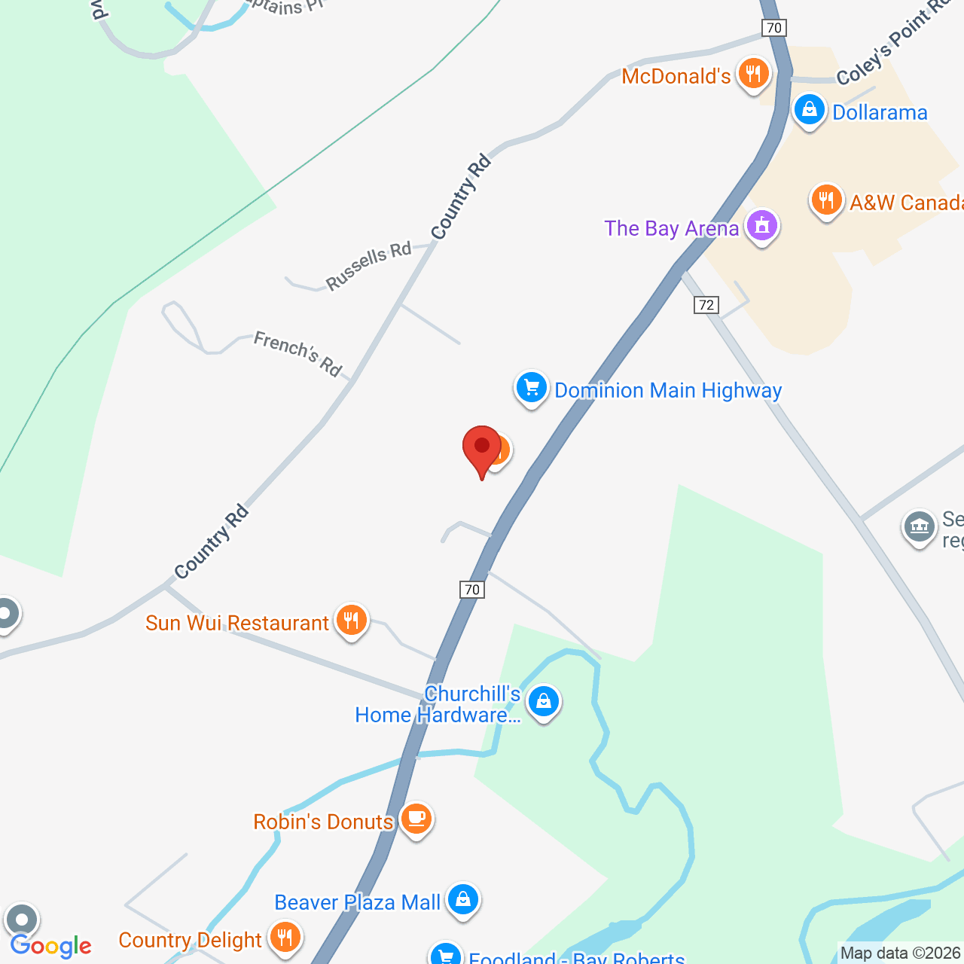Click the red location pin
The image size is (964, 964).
481,449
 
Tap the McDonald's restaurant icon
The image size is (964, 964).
752,74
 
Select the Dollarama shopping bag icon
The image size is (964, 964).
809,110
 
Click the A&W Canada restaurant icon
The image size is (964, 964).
826,200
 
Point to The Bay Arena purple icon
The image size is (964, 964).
761,225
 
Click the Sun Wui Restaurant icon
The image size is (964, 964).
351,621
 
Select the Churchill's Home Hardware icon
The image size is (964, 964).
543,702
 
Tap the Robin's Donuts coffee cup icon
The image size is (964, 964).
416,818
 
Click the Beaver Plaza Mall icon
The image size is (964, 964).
462,899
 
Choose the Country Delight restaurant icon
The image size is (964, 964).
285,938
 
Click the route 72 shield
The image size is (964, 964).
706,304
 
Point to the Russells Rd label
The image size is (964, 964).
369,265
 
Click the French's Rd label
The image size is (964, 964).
298,352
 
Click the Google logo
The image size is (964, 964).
51,946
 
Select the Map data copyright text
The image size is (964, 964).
900,953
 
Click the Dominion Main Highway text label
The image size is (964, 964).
668,390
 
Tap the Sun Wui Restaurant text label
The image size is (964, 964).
237,623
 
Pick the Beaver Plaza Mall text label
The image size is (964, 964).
357,902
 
